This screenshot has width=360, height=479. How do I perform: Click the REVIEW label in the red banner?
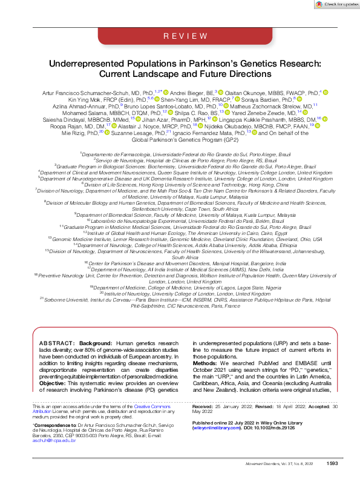point(180,36)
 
